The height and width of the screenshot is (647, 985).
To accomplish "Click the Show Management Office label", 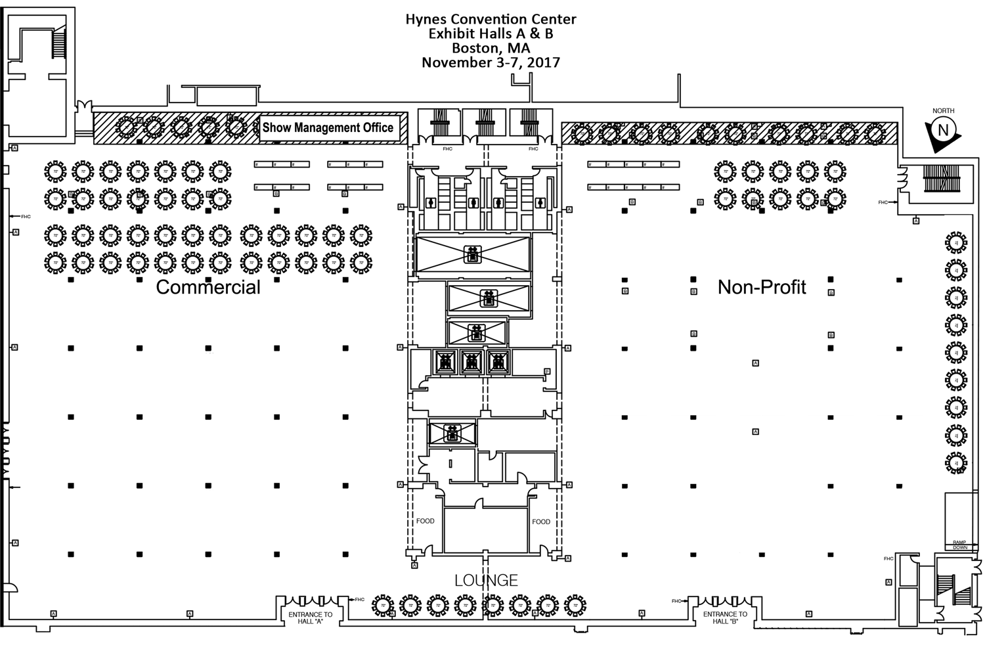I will (x=328, y=127).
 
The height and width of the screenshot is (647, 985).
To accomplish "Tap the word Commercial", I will (x=208, y=287).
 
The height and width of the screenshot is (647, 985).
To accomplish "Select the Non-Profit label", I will (x=762, y=287).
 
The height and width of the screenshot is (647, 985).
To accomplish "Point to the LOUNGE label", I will (x=487, y=580).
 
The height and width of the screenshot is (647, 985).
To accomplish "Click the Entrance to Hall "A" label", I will (x=311, y=617).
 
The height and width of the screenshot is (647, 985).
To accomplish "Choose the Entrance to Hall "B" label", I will (x=725, y=617).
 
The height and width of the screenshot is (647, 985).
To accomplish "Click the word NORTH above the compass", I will (x=943, y=111).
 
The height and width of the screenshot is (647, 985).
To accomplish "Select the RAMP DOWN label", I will (x=960, y=545).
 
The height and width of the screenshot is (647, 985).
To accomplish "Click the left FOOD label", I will (x=425, y=522).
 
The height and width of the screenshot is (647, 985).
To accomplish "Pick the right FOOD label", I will (x=541, y=522).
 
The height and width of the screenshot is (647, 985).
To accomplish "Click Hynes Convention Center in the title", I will (x=491, y=20).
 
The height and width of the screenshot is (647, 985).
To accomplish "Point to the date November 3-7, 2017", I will (x=491, y=63).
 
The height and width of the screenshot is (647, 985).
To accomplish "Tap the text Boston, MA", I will (x=491, y=49).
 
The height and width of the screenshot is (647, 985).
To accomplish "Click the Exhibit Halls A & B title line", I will (x=491, y=34).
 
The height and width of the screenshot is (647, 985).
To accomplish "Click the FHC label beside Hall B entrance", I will (x=676, y=601).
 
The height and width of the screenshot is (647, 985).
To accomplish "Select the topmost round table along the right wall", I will (x=956, y=242).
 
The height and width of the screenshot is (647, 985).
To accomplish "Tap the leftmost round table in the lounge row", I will (x=382, y=605).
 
